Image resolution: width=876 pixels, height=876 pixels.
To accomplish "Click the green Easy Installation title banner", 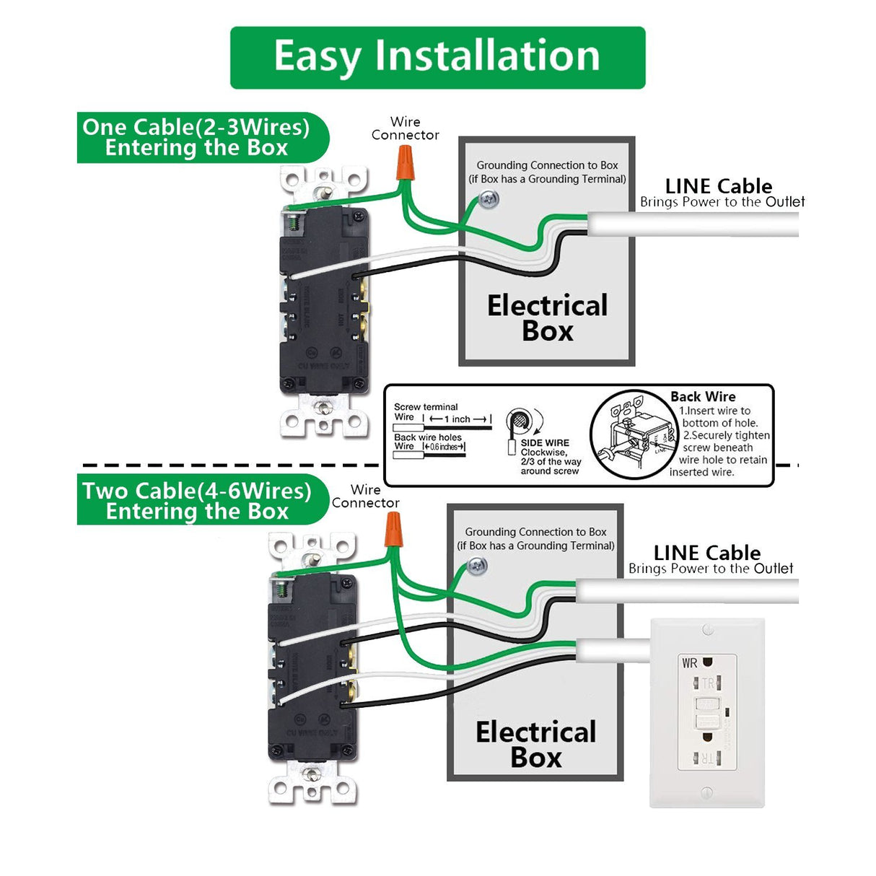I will pos(437,58).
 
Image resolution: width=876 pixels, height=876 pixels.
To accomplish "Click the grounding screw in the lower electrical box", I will pos(478,566).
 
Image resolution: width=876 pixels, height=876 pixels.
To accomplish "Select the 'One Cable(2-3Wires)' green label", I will pos(196,137).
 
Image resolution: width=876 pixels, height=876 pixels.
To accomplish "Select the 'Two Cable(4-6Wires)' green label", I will pos(197,501).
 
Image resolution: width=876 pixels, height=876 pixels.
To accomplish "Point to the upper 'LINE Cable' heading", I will pos(718,185).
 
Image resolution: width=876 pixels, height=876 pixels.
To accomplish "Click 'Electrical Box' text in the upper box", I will pos(547,317).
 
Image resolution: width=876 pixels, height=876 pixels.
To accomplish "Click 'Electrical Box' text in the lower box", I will pos(535,744).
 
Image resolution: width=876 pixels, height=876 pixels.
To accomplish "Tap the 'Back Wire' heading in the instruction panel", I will pos(703,396).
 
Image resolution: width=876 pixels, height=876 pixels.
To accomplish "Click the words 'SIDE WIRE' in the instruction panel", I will pos(545,442).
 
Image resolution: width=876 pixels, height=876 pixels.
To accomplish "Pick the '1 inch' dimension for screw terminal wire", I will pos(457,419).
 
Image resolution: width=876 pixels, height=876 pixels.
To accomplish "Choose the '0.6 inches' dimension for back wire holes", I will pos(444,447).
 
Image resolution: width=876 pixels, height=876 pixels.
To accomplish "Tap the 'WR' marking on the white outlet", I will pos(690,662).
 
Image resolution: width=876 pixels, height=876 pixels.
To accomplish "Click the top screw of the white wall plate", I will pos(707,630).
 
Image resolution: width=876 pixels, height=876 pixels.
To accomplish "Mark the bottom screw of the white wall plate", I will pos(707,793).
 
